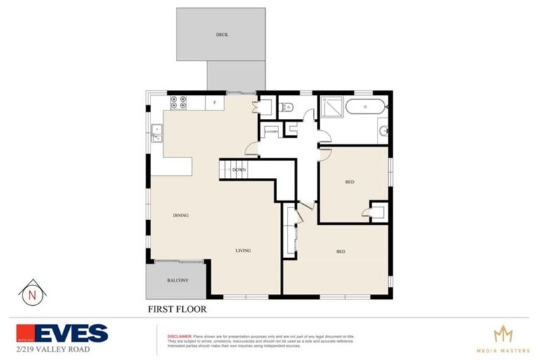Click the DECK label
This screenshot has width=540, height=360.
point(221,34)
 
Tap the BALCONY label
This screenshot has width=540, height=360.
point(177,281)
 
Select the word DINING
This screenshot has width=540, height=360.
point(181,215)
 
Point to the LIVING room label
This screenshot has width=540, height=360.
point(243,250)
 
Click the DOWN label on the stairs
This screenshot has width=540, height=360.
point(239,170)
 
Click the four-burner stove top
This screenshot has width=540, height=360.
point(178,103)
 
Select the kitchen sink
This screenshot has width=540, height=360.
point(157,130)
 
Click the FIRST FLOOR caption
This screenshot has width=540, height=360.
point(176,308)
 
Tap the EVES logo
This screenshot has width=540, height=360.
point(63,333)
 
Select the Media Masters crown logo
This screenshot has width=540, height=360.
point(502,333)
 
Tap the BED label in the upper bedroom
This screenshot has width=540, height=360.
point(349,182)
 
